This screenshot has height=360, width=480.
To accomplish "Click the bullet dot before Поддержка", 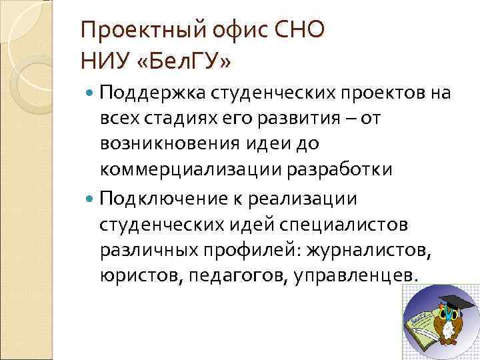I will click(x=90, y=93).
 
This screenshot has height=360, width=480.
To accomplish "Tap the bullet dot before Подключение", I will click(x=90, y=199).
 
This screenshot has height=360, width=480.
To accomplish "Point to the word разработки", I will click(x=337, y=170).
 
